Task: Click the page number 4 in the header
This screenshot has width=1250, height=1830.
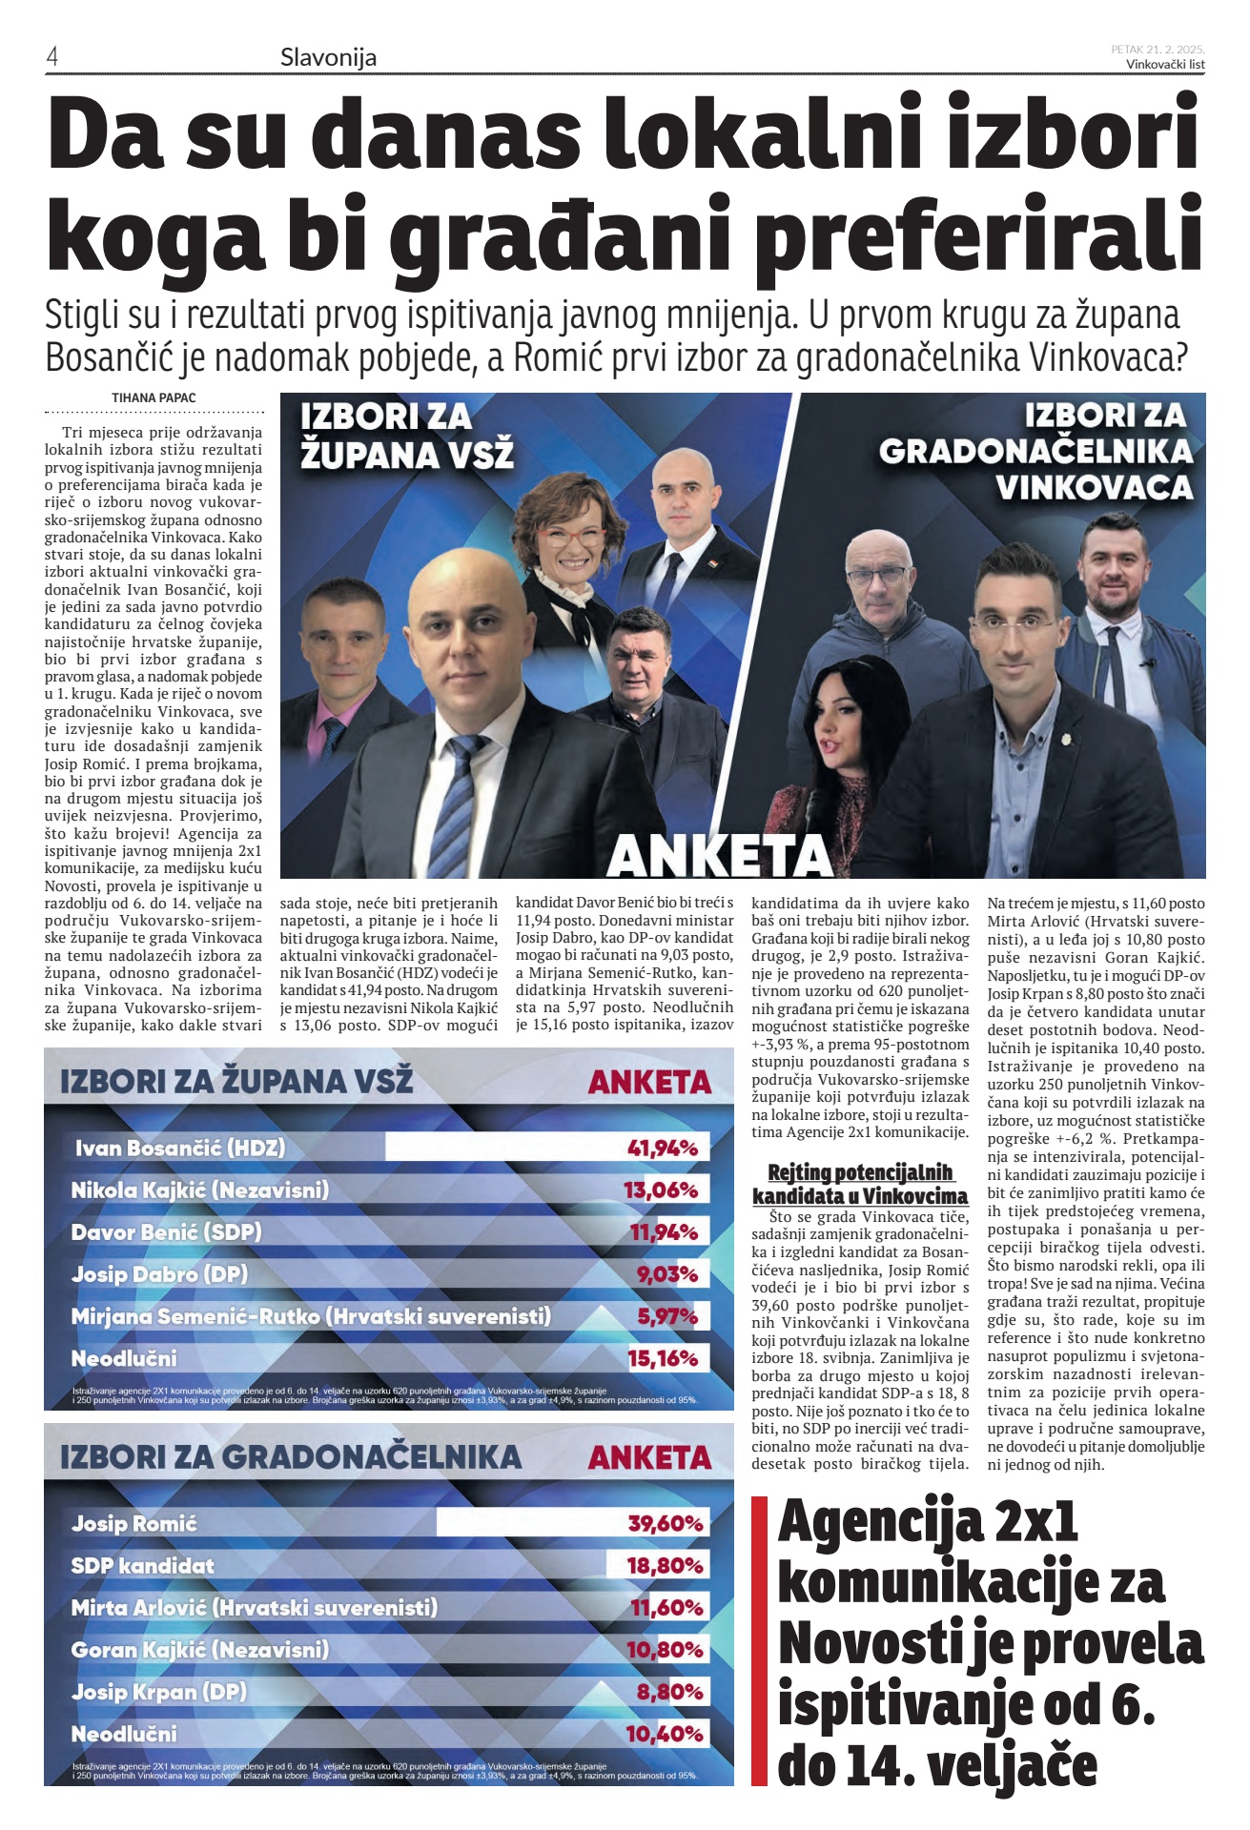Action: pos(52,57)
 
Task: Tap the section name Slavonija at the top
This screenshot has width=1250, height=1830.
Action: pos(328,58)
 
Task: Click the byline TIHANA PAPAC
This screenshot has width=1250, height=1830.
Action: pos(154,397)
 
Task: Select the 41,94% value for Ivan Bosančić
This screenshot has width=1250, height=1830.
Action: pos(663,1149)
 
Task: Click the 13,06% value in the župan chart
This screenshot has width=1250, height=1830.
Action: pos(661,1190)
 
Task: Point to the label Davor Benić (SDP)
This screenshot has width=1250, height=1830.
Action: pos(166,1232)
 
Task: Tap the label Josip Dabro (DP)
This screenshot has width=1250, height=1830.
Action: pos(159,1274)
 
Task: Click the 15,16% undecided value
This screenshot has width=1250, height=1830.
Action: pos(663,1358)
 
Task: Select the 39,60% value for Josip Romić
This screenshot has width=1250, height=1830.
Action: pos(666,1524)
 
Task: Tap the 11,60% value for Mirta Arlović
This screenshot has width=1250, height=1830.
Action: pos(666,1608)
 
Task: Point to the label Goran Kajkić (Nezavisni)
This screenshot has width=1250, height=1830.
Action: pos(199,1650)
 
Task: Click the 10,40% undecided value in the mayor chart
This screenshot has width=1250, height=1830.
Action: pos(665,1734)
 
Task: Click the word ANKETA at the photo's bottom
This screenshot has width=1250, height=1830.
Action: pos(720,855)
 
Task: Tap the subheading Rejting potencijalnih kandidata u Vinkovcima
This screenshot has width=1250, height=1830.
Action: pos(860,1184)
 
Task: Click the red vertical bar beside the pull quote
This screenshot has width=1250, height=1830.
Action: pos(760,1640)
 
